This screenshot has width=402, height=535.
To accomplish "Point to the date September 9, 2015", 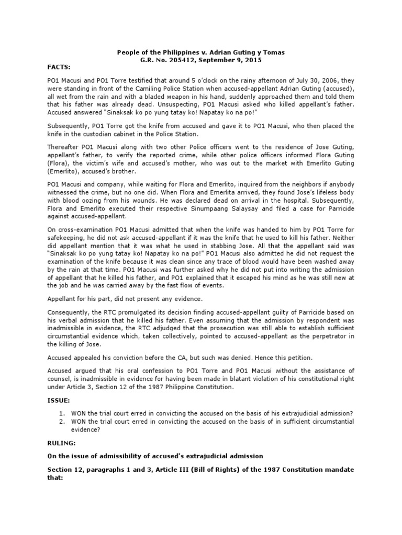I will pyautogui.click(x=232, y=60).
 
